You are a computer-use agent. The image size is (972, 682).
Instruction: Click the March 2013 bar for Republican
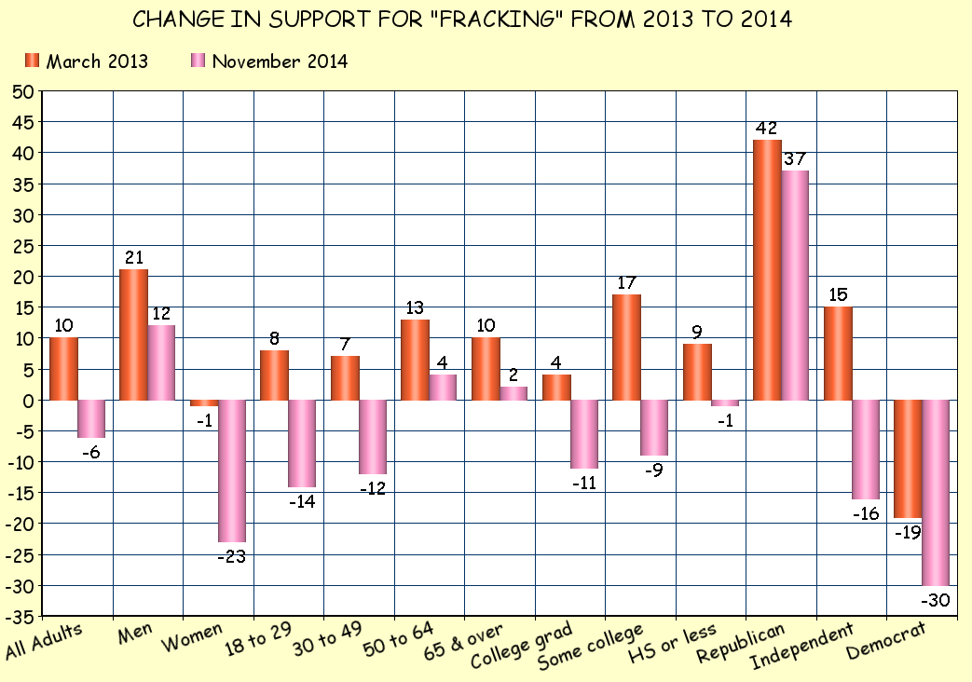tap(767, 270)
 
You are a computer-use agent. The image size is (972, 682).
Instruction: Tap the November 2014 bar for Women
tap(231, 471)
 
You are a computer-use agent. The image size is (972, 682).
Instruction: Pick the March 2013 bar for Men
tap(133, 334)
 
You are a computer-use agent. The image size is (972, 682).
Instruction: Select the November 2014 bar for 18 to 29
tap(302, 443)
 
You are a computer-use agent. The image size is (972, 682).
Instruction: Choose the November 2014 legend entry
tap(269, 61)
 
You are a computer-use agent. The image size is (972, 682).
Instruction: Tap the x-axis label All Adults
tap(44, 641)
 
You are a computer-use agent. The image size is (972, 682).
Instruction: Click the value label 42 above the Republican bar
tap(767, 129)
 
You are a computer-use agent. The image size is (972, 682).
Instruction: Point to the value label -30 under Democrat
tap(935, 601)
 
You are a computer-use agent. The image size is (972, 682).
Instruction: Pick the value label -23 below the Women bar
tap(232, 557)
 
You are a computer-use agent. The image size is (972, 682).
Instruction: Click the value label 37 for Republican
tap(795, 158)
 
